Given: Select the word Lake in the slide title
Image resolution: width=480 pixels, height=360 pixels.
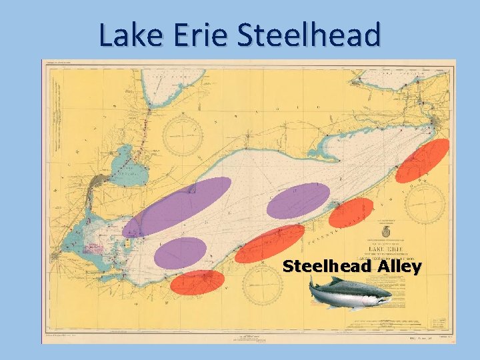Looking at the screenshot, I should (130, 36).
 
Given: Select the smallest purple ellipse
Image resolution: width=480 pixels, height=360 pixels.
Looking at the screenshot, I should (180, 253).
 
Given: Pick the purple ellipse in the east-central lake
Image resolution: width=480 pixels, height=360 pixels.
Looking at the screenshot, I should (298, 200).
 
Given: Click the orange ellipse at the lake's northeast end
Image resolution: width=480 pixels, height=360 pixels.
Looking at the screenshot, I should (421, 161).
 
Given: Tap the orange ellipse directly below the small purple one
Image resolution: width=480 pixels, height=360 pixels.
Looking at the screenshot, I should (197, 282).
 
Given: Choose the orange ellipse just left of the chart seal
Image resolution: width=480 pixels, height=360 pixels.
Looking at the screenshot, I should (351, 213).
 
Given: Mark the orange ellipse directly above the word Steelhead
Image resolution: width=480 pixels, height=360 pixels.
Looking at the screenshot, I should (270, 243).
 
